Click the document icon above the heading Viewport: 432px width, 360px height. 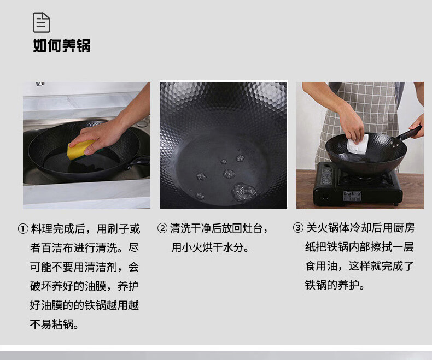pyautogui.click(x=42, y=22)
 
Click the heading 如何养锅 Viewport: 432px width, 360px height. pyautogui.click(x=61, y=45)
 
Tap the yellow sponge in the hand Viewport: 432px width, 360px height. pyautogui.click(x=81, y=149)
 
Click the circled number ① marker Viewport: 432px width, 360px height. pyautogui.click(x=23, y=229)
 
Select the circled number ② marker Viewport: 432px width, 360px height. pyautogui.click(x=162, y=228)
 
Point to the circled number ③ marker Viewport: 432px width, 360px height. pyautogui.click(x=298, y=228)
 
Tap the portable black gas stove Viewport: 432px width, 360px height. pyautogui.click(x=357, y=185)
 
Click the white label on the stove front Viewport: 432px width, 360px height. pyautogui.click(x=352, y=196)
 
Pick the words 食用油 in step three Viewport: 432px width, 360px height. pyautogui.click(x=322, y=266)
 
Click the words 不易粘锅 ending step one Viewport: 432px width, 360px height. pyautogui.click(x=52, y=324)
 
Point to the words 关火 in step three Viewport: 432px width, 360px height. pyautogui.click(x=317, y=228)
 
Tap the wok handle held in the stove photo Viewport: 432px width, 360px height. pyautogui.click(x=409, y=133)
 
